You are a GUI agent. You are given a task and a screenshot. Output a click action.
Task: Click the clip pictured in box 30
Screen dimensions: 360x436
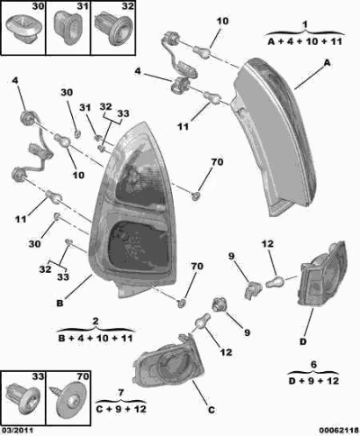coord(22,30)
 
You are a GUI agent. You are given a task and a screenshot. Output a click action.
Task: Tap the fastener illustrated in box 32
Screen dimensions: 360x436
coord(113,29)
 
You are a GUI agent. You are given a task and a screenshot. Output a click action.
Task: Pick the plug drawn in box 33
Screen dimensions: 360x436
coord(22,399)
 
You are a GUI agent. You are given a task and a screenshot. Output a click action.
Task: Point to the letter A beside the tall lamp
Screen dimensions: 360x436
coord(327,63)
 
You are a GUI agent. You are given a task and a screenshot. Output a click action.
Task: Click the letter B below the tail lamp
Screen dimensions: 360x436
coord(60,304)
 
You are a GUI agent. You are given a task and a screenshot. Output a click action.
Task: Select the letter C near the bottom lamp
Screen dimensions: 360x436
coord(211,410)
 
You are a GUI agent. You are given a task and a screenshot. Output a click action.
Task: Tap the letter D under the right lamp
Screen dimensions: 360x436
coord(303,341)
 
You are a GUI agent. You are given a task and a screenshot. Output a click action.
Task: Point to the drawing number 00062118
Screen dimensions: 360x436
coord(339,430)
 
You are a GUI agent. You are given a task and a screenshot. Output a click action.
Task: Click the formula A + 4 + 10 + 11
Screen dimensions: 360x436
coord(305,41)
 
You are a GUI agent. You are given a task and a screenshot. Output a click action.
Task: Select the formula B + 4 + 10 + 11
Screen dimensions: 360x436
coord(95,339)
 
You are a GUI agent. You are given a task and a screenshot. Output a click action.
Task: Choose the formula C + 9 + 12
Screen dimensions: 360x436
coord(121,409)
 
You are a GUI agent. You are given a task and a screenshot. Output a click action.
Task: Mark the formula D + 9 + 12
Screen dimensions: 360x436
coord(313,381)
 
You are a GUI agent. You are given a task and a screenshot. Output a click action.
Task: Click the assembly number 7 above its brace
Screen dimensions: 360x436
coord(121,393)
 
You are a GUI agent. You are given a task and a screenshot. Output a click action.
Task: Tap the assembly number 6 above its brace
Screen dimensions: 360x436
coord(313,365)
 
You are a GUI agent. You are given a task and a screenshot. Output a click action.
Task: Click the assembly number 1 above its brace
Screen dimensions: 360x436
coord(305,24)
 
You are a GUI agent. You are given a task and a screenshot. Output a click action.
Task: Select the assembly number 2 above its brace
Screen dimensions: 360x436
coord(95,322)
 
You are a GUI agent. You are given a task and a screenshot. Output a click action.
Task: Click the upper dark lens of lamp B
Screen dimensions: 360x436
coord(141,183)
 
